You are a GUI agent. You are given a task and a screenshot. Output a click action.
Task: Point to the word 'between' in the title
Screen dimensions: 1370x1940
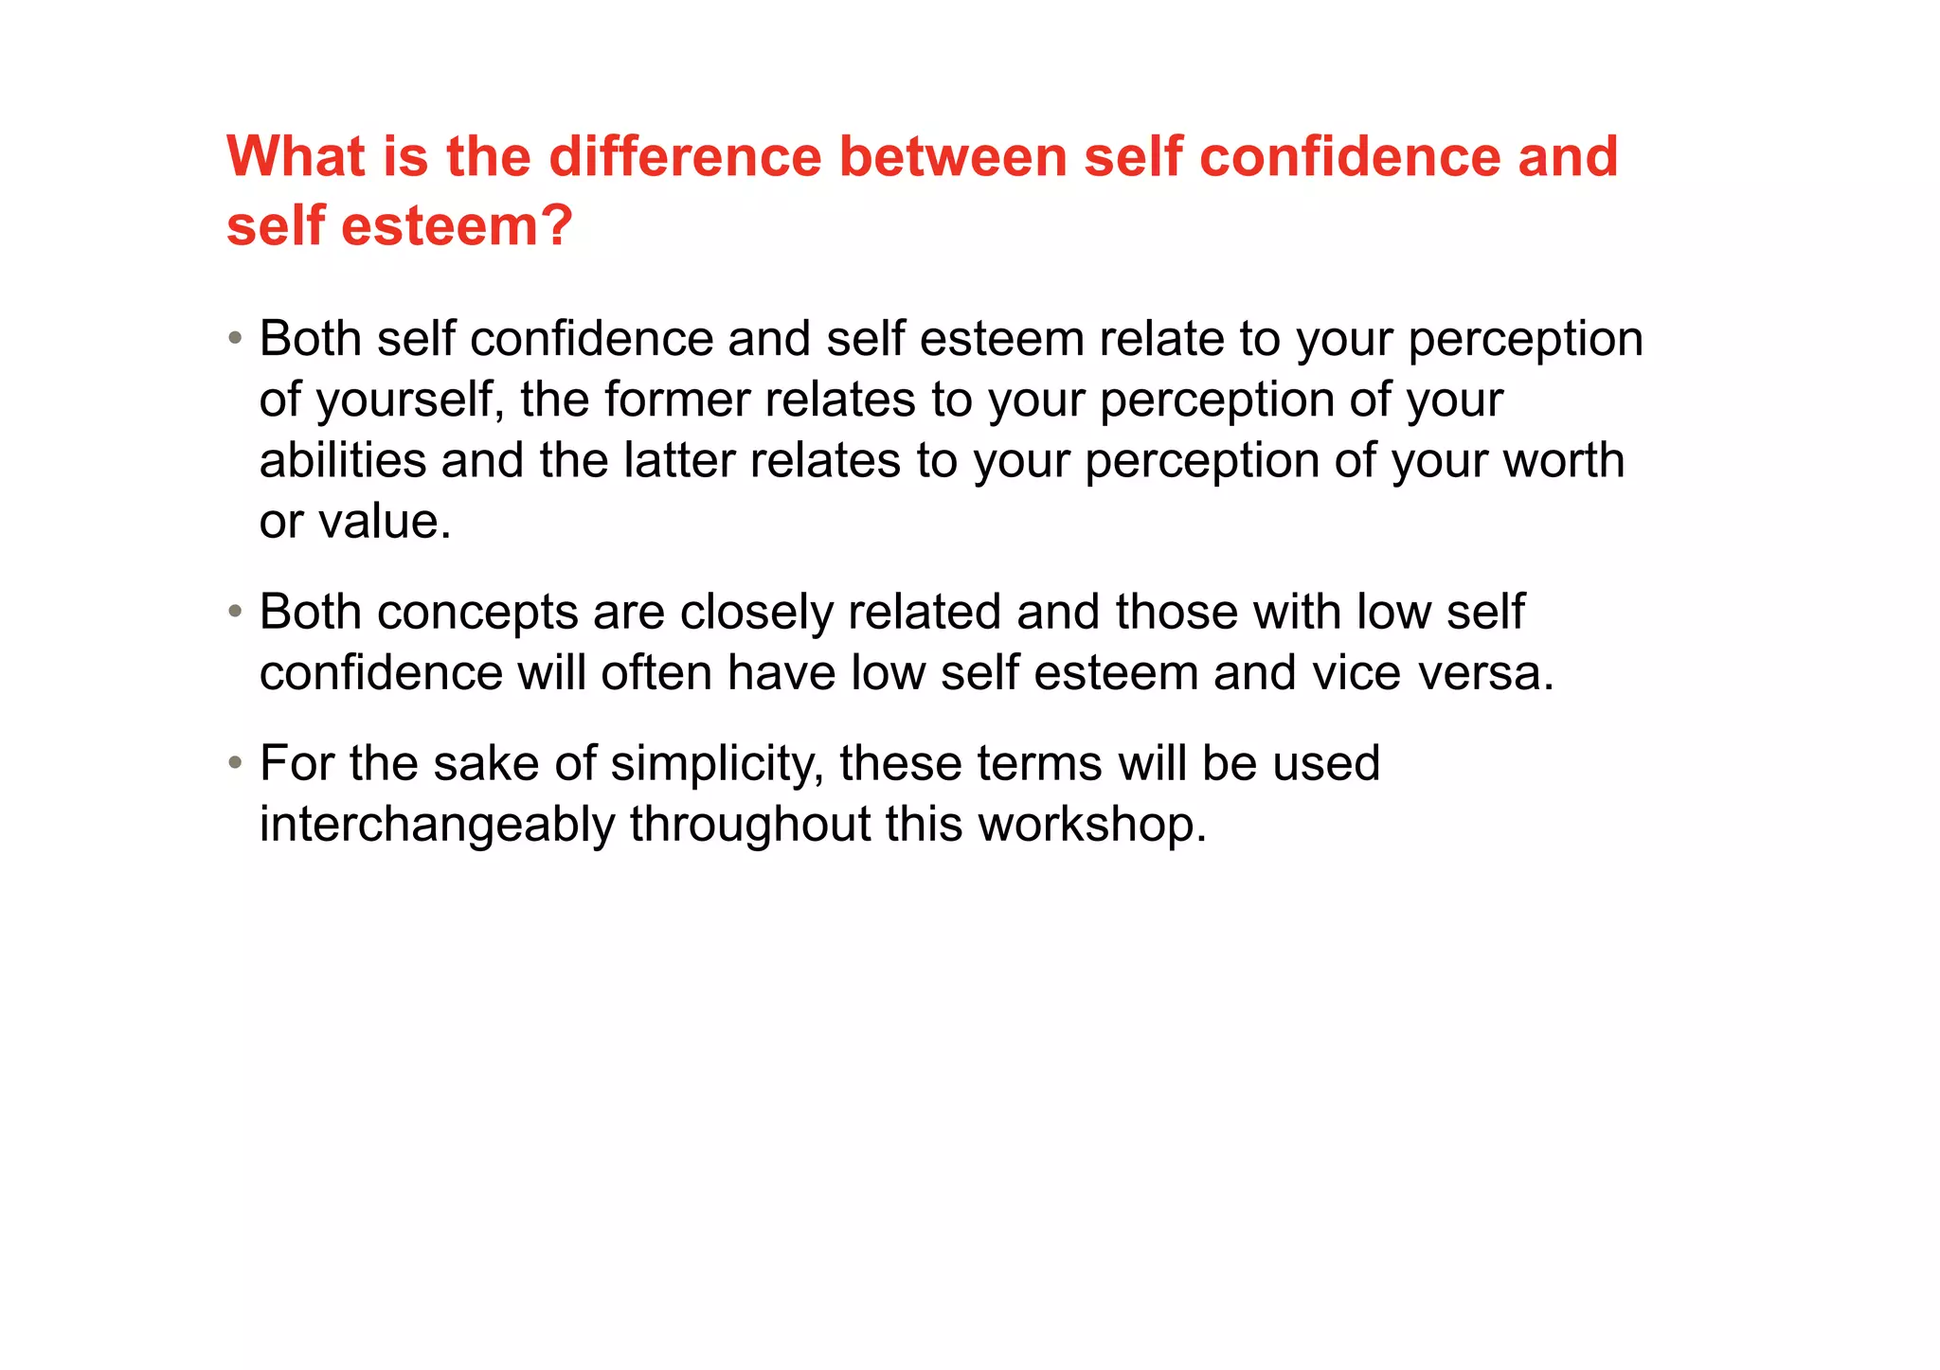(953, 156)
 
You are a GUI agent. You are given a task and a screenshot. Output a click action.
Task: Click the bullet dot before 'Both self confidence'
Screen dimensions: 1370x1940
(235, 339)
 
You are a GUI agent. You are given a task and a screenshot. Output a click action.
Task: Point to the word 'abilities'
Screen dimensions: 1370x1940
(343, 461)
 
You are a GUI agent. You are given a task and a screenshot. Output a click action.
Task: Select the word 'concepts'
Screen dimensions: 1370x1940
(477, 613)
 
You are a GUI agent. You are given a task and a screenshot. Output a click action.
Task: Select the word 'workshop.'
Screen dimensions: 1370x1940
(1093, 825)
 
